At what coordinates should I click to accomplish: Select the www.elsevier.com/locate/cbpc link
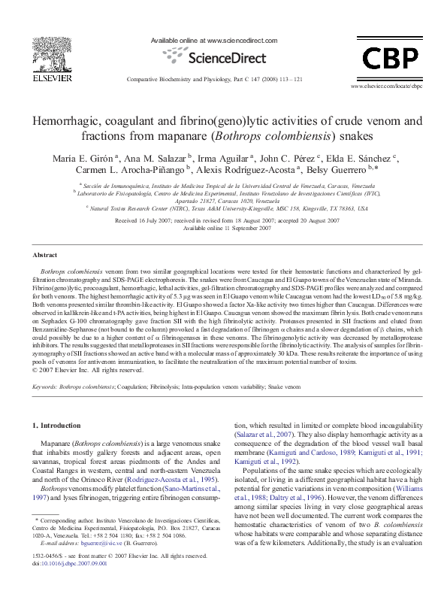[x=385, y=87]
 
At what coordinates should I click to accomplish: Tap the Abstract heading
[x=46, y=256]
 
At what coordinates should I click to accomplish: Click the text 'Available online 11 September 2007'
[x=223, y=228]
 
